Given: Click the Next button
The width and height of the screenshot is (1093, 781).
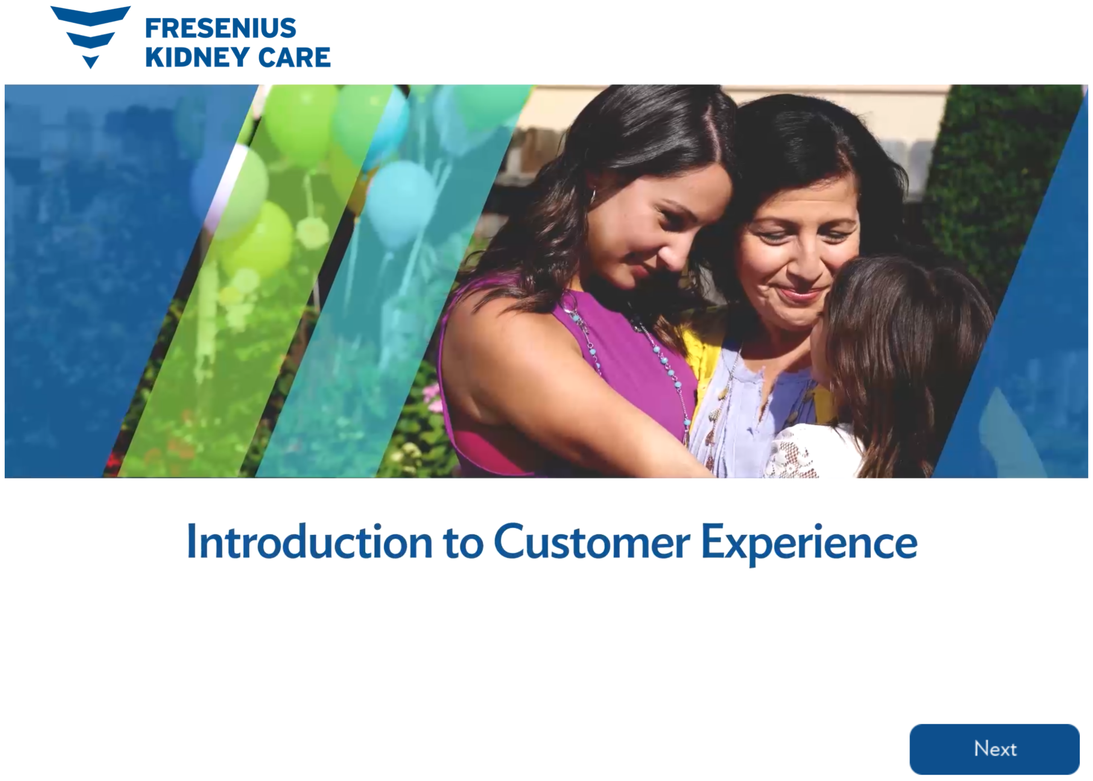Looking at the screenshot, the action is (x=994, y=749).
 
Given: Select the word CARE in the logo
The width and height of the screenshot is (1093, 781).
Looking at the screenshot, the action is (x=294, y=57).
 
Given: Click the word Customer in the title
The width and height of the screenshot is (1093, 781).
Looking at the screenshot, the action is (x=592, y=542).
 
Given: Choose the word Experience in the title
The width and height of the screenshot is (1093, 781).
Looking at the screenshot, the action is (x=810, y=545).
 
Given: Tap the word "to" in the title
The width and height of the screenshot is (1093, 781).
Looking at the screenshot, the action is (x=464, y=544).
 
